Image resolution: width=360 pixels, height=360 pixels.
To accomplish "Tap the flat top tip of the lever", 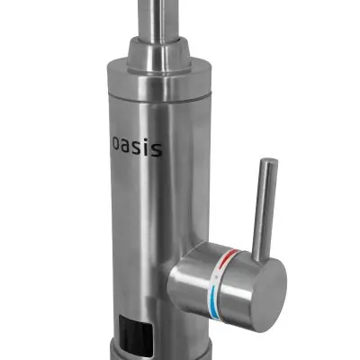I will [x=269, y=162].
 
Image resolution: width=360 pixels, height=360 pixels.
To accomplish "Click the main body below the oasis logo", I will [x=135, y=225].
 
